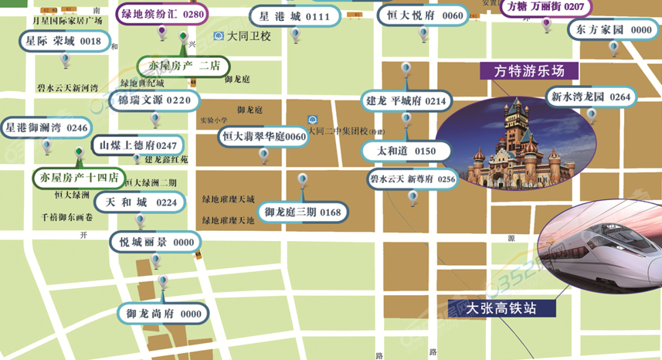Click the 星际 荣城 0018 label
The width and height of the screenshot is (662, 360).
coord(63,41)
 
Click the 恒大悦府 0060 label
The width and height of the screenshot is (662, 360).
coord(421,15)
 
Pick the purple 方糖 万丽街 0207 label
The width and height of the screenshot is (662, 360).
coord(545,7)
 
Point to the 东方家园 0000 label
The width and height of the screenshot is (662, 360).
coord(613,29)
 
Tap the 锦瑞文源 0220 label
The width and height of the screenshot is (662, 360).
coord(154,100)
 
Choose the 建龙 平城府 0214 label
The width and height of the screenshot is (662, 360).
coord(405,100)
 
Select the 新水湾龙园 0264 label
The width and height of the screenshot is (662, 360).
coord(591,97)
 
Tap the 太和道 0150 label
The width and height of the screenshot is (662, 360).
coord(406,151)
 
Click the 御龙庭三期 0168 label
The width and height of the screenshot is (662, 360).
coord(302,212)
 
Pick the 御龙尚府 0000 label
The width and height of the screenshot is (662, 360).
coord(164,314)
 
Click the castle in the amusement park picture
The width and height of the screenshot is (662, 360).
coord(514,143)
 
